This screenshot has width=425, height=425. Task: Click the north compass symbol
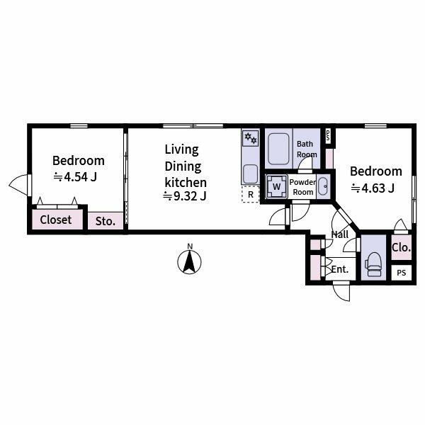coord(189,262)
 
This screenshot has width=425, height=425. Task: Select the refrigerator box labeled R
coord(251,195)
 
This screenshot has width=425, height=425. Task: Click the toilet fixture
coord(373,265)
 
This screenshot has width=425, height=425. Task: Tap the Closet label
coord(56,220)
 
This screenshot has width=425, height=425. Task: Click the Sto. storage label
coord(106,221)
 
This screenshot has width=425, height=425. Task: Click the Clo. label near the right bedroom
coord(401,248)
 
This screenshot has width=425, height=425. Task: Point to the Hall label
coord(340,234)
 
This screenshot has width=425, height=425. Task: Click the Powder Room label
coord(302,187)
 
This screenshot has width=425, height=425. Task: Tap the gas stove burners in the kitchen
coord(250,140)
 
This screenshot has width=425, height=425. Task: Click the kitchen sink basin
coord(250,172)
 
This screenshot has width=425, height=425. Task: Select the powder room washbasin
coord(323,187)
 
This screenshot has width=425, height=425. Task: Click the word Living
coord(181,149)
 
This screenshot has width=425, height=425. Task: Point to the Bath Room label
coord(306,149)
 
